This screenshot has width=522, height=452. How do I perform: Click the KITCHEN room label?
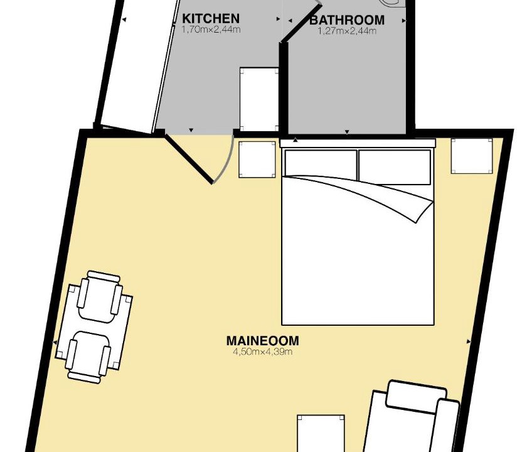[x=211, y=18]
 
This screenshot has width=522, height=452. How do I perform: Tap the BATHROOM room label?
[x=347, y=20]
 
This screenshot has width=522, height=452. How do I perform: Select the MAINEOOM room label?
[x=263, y=341]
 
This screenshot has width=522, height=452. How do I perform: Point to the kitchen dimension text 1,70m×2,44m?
[x=211, y=30]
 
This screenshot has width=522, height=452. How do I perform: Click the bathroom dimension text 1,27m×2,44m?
[x=347, y=31]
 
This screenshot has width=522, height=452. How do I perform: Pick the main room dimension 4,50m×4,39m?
[x=263, y=352]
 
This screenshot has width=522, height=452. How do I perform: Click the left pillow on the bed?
[x=321, y=163]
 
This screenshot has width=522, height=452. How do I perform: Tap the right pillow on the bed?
[x=395, y=167]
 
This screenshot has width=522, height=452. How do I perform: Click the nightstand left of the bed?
[x=257, y=159]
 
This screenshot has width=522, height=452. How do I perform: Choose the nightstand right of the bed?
[x=472, y=156]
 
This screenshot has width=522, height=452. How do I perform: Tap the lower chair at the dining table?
[x=88, y=357]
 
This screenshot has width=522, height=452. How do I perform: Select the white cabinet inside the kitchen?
[x=259, y=99]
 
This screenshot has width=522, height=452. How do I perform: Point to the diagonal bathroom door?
[x=301, y=23]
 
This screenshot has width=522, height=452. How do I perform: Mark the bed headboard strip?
[x=358, y=143]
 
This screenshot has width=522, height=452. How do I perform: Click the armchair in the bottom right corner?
[x=411, y=416]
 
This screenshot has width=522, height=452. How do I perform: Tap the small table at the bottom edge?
[x=321, y=433]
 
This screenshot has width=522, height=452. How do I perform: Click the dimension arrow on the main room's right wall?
[x=469, y=342]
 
